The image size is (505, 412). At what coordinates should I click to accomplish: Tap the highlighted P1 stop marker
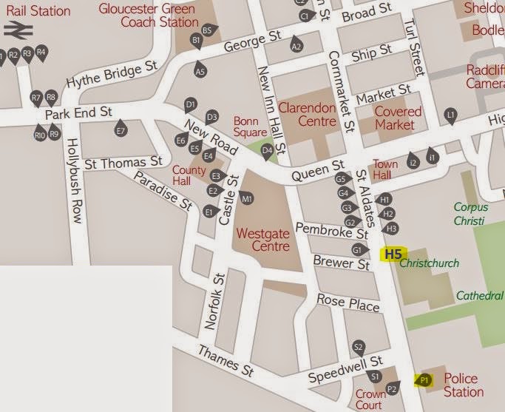tap(424, 379)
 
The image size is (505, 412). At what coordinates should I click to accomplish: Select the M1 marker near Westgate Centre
tap(247, 198)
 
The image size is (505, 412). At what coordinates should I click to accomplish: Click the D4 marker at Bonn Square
tap(268, 152)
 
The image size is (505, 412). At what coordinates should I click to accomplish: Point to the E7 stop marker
tap(121, 131)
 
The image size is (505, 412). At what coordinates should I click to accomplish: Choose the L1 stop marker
tap(450, 114)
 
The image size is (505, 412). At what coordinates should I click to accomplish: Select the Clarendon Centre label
tap(307, 115)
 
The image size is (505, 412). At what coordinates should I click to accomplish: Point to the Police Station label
tap(464, 385)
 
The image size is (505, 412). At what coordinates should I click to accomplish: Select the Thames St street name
tap(218, 362)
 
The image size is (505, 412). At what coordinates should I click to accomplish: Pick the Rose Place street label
tap(348, 302)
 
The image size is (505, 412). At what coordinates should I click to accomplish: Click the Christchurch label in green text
tap(429, 263)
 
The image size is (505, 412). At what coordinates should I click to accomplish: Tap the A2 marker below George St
tap(296, 46)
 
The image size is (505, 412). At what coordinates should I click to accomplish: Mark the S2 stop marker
tap(358, 347)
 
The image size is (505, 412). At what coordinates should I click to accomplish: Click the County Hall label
tap(184, 175)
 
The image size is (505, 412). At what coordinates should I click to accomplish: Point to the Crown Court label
tap(370, 399)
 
